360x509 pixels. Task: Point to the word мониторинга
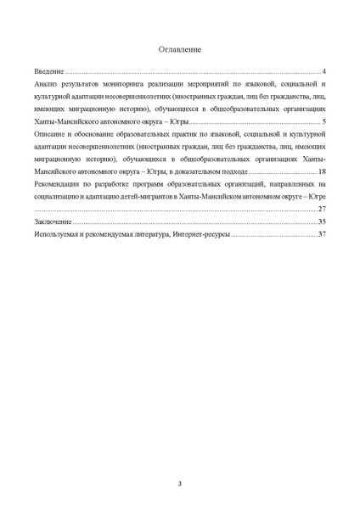[x=118, y=87]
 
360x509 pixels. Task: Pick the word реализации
[x=161, y=87]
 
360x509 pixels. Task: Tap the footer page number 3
[x=180, y=484]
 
